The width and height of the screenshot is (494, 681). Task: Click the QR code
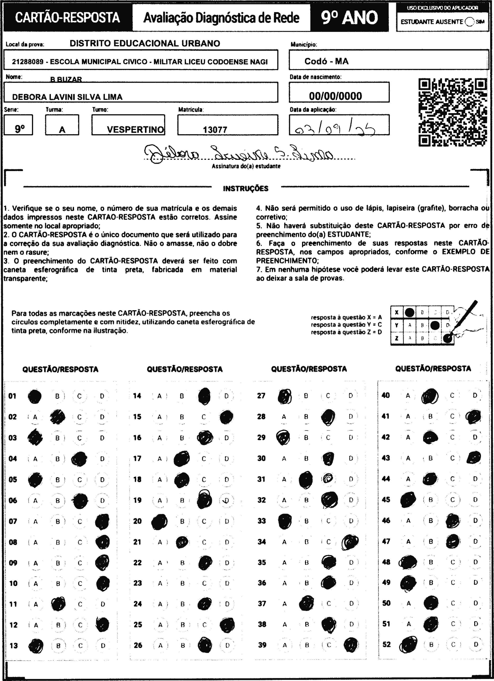point(453,112)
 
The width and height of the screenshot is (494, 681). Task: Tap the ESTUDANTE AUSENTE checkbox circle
point(469,22)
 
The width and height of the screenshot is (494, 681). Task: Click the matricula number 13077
point(215,130)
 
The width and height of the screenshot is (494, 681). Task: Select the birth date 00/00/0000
point(335,96)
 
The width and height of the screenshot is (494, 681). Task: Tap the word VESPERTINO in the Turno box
point(135,130)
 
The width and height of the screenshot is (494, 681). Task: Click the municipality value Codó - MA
point(326,61)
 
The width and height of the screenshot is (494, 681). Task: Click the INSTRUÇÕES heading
point(246,189)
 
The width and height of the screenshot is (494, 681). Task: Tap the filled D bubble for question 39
point(351,645)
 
